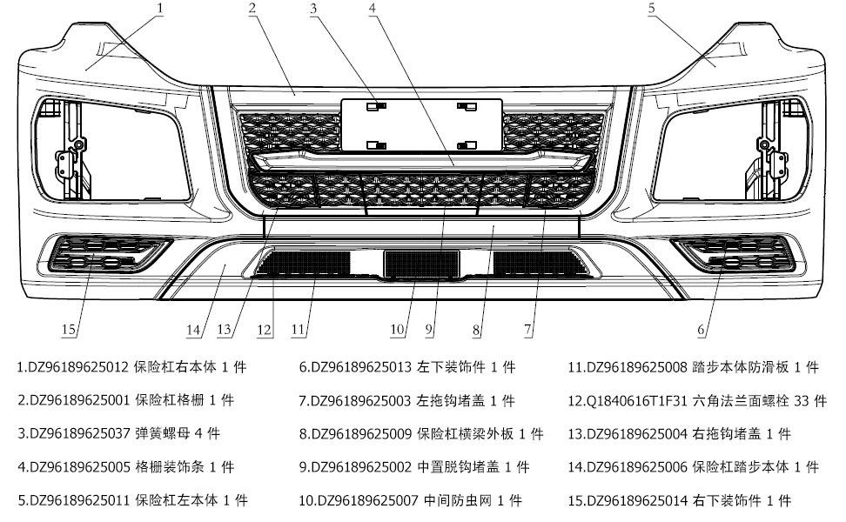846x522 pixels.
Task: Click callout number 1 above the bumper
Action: [160, 8]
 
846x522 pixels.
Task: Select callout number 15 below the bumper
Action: [70, 330]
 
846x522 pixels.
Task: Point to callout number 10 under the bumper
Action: [398, 330]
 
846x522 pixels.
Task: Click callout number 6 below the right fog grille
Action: [702, 330]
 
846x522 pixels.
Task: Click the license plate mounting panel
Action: [421, 124]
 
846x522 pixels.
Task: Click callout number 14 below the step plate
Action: [193, 330]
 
